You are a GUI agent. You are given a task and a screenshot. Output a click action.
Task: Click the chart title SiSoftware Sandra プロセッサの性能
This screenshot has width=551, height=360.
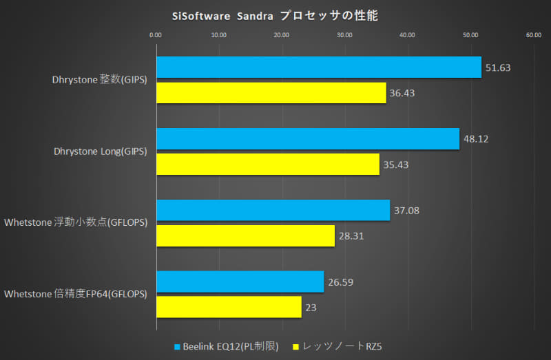click(275, 14)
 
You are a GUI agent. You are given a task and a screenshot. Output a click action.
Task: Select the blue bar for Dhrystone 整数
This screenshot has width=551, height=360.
click(318, 67)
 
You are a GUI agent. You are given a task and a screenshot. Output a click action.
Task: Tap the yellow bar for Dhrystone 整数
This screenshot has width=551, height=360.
click(271, 92)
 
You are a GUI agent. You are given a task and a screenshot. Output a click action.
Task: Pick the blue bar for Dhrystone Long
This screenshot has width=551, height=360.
click(307, 138)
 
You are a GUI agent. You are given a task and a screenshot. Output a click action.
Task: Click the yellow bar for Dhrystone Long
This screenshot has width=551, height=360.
click(267, 164)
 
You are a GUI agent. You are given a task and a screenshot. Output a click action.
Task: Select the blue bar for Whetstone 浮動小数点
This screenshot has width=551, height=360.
click(273, 210)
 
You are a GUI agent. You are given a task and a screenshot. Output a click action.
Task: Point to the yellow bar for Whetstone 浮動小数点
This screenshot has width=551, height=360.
click(245, 235)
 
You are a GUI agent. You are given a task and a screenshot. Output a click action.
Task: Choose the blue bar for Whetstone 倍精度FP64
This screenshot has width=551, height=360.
click(240, 282)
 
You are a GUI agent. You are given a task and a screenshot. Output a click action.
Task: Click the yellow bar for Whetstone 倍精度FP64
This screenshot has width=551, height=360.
click(229, 307)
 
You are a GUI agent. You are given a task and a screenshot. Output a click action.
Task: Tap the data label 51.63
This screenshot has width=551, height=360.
click(497, 67)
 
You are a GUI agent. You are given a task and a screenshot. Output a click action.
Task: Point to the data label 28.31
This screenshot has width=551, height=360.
click(350, 236)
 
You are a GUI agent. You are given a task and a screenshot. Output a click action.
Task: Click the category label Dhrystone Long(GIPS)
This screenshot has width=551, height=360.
click(100, 151)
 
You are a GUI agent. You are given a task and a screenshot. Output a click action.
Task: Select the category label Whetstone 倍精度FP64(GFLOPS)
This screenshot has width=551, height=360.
click(76, 295)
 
